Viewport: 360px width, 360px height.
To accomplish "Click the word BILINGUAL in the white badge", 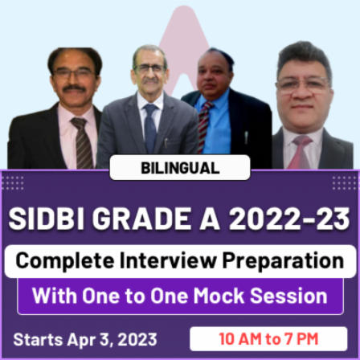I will pos(180,168).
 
